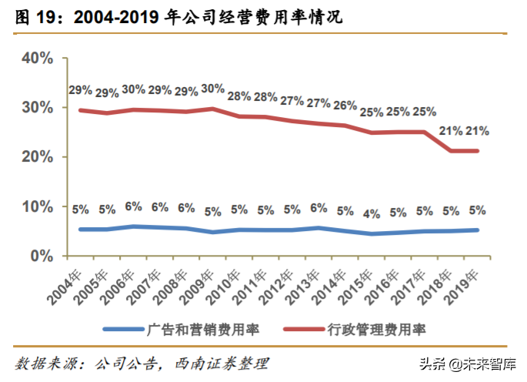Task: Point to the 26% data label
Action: tap(345, 106)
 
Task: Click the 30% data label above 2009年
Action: tap(213, 88)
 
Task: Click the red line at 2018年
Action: tap(452, 151)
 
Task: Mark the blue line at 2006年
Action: tap(133, 226)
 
